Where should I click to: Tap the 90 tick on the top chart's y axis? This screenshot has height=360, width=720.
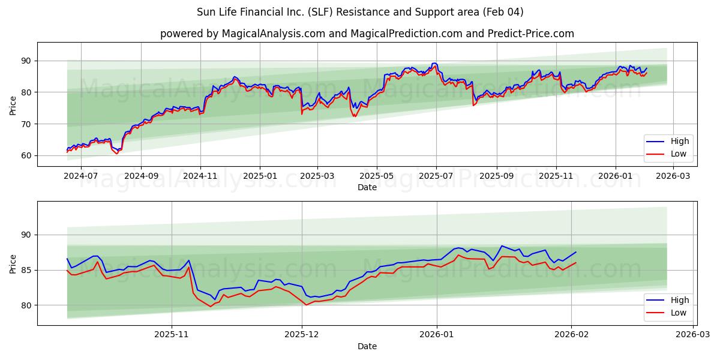(26, 61)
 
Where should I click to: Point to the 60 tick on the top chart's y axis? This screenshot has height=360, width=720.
(26, 155)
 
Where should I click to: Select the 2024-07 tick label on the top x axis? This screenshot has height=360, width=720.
(81, 176)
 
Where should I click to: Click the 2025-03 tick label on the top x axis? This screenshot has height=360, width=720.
(317, 176)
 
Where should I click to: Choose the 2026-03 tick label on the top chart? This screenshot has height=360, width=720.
(673, 176)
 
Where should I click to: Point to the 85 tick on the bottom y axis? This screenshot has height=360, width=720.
(26, 270)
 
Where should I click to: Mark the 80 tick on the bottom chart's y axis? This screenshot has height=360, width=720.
(26, 305)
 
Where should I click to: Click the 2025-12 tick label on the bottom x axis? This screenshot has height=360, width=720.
(302, 335)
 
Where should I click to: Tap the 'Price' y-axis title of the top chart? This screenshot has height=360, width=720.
(13, 104)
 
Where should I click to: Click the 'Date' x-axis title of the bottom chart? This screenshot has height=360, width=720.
(367, 346)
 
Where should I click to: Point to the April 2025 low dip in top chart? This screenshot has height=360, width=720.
(355, 116)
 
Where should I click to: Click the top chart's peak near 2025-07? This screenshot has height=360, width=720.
(434, 64)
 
